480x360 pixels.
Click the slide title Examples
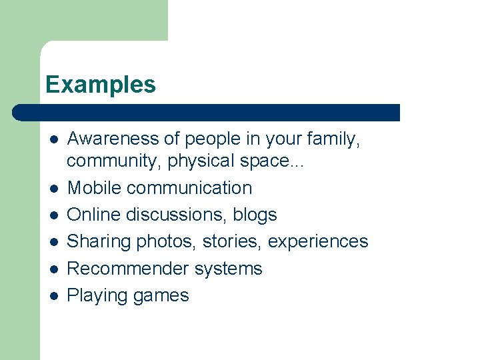coord(101,85)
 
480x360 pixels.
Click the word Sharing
coord(99,241)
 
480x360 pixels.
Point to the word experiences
coord(318,241)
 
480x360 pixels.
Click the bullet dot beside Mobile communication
coord(53,189)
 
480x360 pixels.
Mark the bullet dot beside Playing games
coord(53,296)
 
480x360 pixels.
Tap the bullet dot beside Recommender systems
coord(53,269)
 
